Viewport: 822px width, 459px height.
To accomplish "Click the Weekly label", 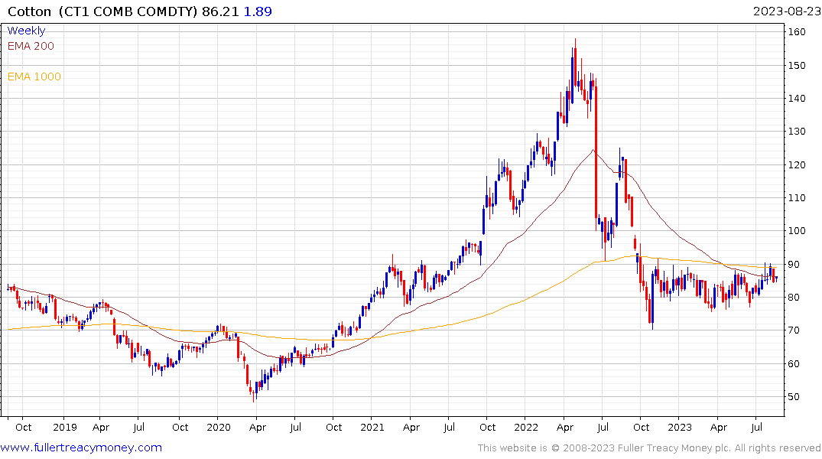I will tap(26, 31).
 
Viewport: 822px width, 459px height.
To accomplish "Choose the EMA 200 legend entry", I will tap(31, 46).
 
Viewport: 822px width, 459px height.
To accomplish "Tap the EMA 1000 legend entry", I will tap(34, 76).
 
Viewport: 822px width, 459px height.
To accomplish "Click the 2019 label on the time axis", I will tap(65, 428).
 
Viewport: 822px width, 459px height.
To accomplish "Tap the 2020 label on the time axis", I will tap(219, 428).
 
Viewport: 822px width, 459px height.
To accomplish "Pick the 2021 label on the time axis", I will tap(372, 428).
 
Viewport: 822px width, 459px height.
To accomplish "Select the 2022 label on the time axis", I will tap(526, 428).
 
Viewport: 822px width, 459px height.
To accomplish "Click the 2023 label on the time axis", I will tap(680, 428).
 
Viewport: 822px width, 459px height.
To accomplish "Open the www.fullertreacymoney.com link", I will tap(82, 448).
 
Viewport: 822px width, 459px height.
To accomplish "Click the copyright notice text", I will tap(649, 448).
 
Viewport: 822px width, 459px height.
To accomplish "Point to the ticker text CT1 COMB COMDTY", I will tap(127, 11).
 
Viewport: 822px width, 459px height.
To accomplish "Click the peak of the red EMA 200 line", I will tap(593, 150).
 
